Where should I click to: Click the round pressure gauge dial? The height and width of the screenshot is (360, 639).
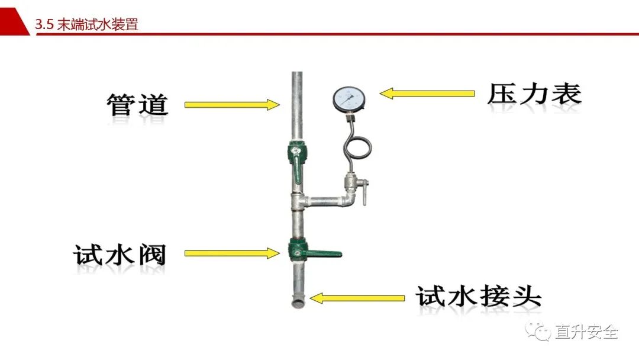coord(348,99)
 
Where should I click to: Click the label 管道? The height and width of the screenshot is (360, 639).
coord(137,105)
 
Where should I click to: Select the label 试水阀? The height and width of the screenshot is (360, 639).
coord(120,255)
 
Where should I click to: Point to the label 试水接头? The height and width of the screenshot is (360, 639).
coord(478,295)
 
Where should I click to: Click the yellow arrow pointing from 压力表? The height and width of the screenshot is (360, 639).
coord(427,93)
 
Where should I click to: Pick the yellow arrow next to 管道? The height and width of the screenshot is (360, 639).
coord(232,105)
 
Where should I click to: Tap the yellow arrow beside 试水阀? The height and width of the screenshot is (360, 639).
coord(232,253)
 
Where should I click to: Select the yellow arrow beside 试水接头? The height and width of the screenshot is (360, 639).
coord(357,297)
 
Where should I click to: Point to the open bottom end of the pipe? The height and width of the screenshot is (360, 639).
coord(297,304)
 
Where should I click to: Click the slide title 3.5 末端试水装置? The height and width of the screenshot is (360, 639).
coord(86,24)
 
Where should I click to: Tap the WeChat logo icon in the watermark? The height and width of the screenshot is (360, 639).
coord(538,331)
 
